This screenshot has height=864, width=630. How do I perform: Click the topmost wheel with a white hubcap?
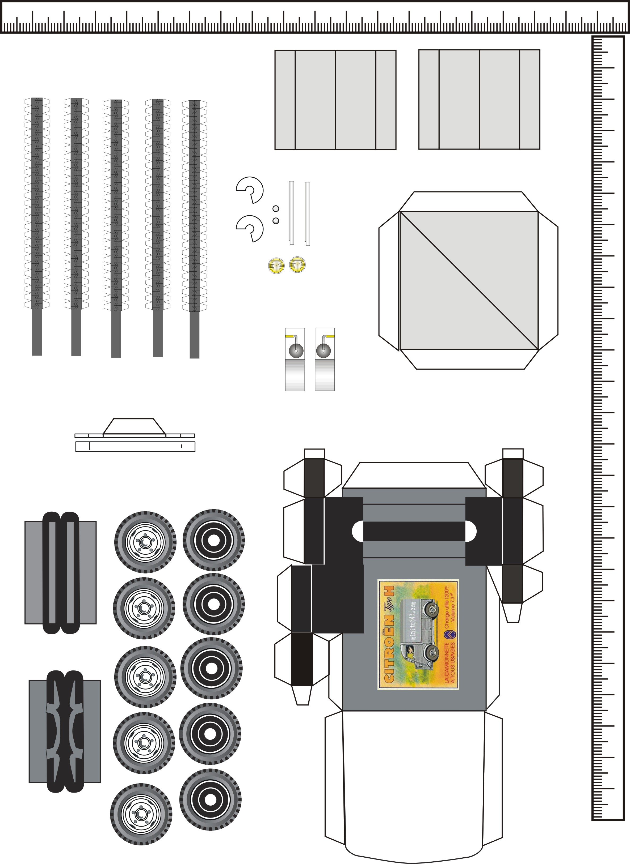click(x=145, y=542)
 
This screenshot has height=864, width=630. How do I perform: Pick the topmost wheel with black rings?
click(x=213, y=540)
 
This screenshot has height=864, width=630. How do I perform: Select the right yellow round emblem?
click(x=297, y=264)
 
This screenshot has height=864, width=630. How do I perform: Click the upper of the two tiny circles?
click(x=276, y=208)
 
